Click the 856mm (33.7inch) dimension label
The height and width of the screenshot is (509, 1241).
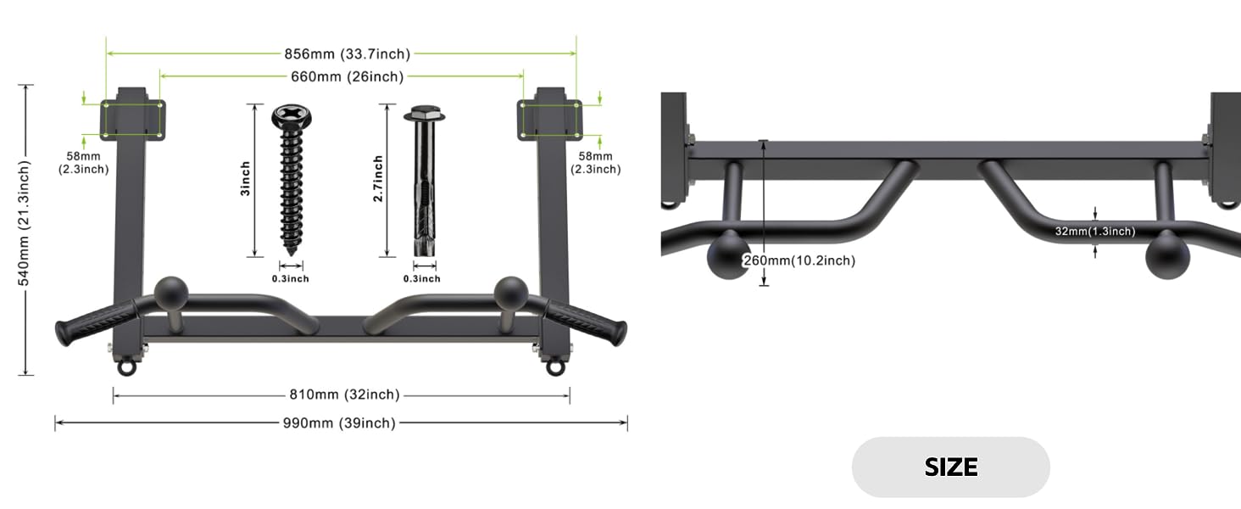(x=348, y=53)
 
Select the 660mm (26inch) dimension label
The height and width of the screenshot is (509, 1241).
(x=348, y=76)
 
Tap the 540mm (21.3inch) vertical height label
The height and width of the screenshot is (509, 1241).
(x=24, y=223)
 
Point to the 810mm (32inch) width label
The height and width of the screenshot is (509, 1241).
(x=344, y=394)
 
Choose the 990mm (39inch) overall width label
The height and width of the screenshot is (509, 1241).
(x=339, y=423)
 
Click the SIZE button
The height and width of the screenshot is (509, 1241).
(x=951, y=467)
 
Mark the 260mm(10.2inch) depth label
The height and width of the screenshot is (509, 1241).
(x=799, y=260)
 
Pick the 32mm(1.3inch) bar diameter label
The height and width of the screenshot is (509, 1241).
(x=1094, y=232)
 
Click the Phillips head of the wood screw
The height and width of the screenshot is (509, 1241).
(x=292, y=116)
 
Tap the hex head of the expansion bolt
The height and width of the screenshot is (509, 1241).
(x=425, y=114)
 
